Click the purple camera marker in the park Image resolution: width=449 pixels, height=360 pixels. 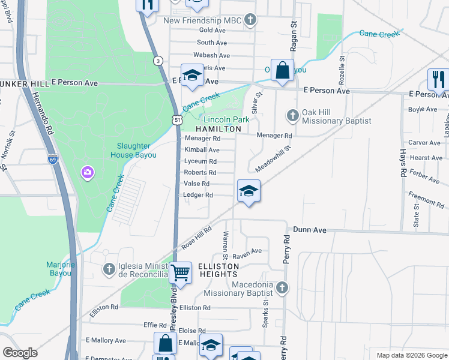pyautogui.click(x=88, y=173)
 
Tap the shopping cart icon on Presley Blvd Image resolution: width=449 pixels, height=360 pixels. pyautogui.click(x=180, y=273)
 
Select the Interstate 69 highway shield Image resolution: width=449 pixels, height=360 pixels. pyautogui.click(x=53, y=159)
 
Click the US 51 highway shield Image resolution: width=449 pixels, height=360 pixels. pyautogui.click(x=177, y=120)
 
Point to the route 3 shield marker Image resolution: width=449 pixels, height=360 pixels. pyautogui.click(x=157, y=61)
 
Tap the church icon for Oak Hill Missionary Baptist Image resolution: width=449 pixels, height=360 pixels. pyautogui.click(x=292, y=114)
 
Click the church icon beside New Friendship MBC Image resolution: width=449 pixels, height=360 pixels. pyautogui.click(x=250, y=20)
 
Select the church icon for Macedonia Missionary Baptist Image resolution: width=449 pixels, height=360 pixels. pyautogui.click(x=282, y=288)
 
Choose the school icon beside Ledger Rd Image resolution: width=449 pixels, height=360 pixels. pyautogui.click(x=249, y=192)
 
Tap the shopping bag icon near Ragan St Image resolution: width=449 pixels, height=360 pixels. pyautogui.click(x=282, y=71)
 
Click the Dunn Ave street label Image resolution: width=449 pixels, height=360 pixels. pyautogui.click(x=310, y=230)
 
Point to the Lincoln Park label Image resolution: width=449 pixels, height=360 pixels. pyautogui.click(x=226, y=119)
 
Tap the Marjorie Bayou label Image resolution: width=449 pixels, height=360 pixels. pyautogui.click(x=60, y=268)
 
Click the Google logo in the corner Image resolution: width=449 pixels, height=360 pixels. pyautogui.click(x=20, y=353)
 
